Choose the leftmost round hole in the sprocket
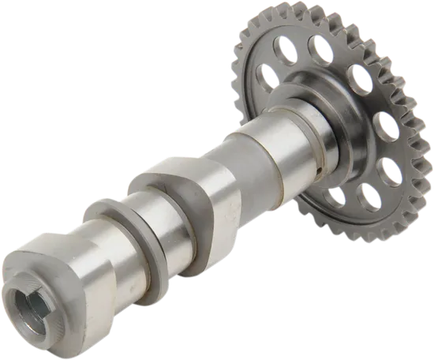coord(267,75)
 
